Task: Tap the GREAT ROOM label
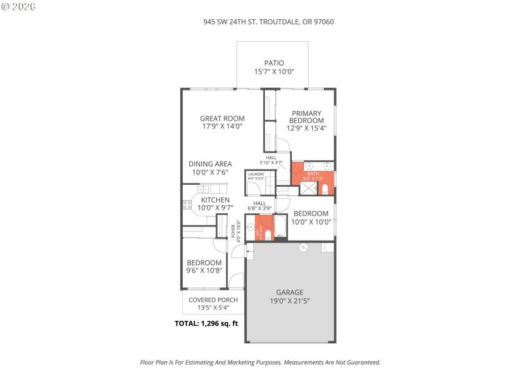coord(222,118)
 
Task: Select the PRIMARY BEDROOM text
coord(307,117)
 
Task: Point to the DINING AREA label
coord(210,164)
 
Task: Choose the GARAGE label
coord(290,292)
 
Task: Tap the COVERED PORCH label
coord(213,300)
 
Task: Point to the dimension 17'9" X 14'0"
coord(222,126)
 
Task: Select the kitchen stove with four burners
coord(187,205)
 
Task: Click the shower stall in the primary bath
coord(308,188)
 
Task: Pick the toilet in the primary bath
coord(325,189)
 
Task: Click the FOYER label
coord(234,230)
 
